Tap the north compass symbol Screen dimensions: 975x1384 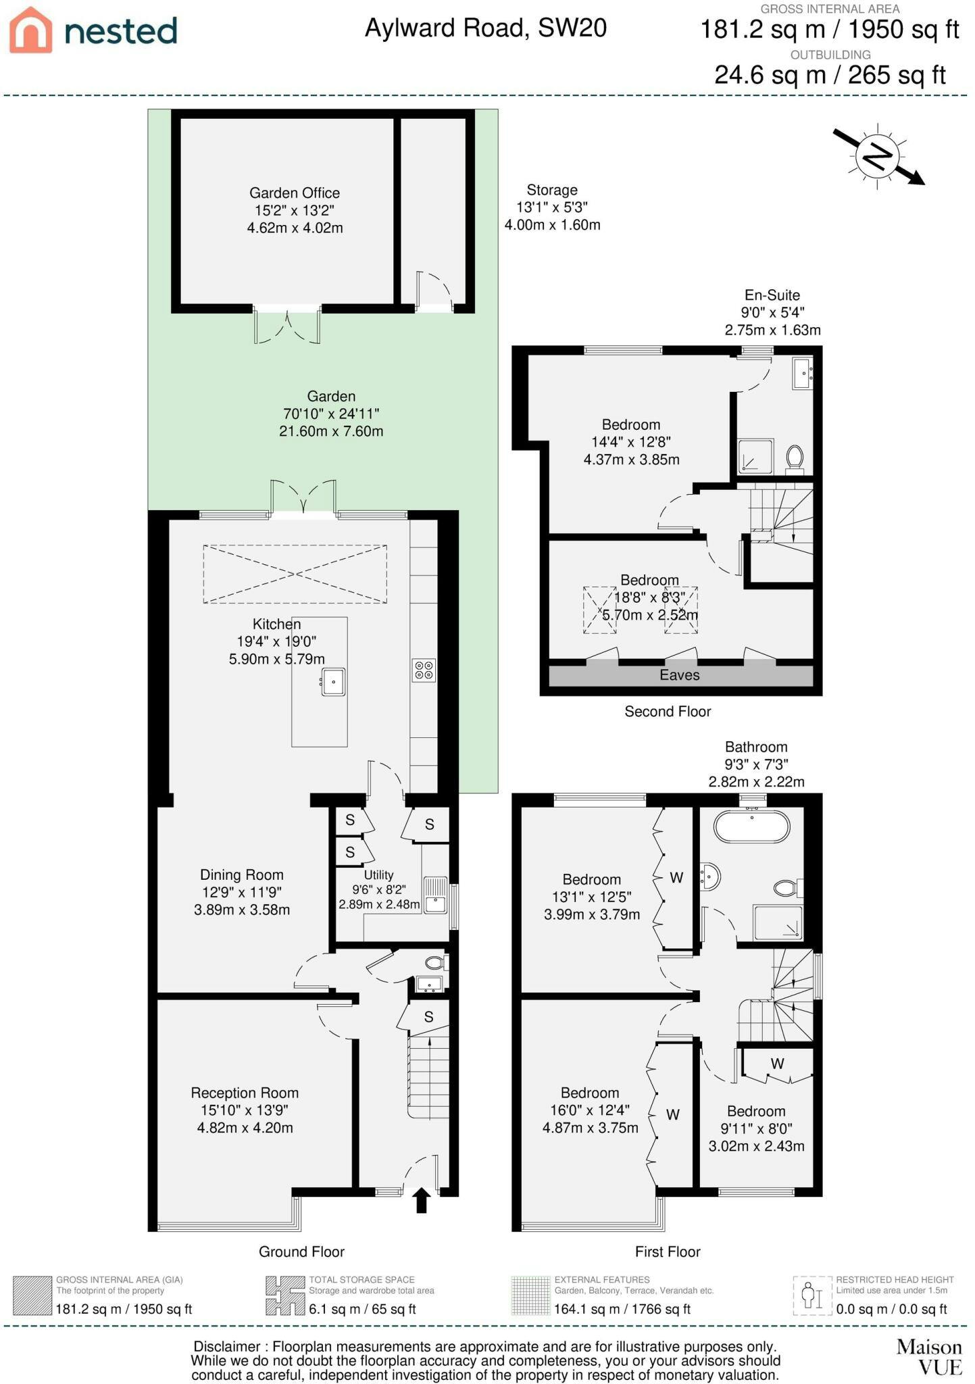878,156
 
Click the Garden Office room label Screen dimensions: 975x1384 295,210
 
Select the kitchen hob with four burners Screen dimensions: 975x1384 424,670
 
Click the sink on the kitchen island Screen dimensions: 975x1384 332,682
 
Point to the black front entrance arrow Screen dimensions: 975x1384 422,1200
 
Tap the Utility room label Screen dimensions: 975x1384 378,889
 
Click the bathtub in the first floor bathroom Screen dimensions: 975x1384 752,826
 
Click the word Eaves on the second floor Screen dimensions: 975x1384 680,675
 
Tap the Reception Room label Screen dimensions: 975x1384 245,1110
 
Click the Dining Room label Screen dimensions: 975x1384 242,892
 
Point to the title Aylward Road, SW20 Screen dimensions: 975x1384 486,28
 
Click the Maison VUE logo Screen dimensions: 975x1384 929,1357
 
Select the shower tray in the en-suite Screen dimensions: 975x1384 755,456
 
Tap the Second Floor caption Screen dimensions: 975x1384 668,711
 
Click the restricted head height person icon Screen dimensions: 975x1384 811,1295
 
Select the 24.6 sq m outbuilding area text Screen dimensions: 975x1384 830,74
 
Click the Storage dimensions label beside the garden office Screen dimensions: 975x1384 552,207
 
